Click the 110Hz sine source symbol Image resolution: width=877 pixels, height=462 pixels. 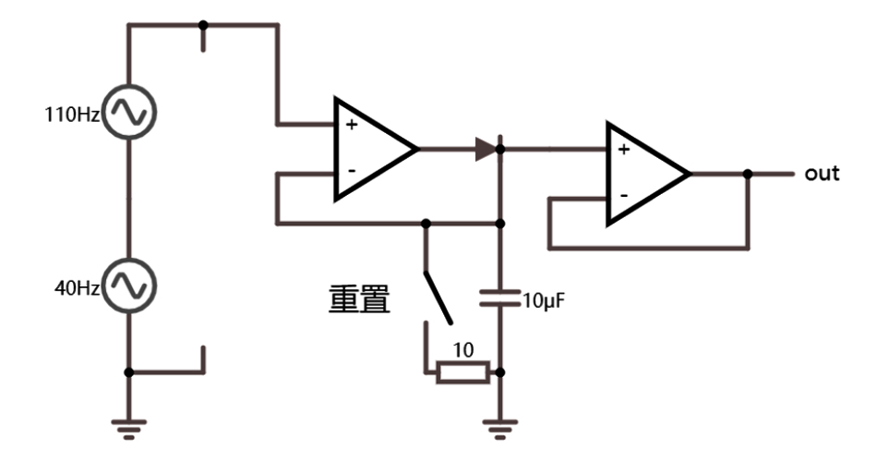(128, 112)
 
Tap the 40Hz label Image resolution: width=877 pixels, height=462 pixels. (77, 288)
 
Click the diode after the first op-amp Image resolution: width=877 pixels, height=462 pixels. (487, 149)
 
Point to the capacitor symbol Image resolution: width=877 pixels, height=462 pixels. (499, 298)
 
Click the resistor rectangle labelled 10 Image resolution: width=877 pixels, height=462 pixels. (461, 372)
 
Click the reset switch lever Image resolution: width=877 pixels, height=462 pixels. (438, 298)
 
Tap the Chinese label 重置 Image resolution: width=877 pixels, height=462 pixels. (360, 300)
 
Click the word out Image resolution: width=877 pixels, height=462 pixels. (822, 174)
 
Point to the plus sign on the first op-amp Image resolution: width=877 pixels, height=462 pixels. (352, 124)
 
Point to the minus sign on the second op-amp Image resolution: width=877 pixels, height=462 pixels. (624, 196)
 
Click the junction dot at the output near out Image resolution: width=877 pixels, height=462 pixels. (747, 174)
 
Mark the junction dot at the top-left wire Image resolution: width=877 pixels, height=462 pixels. (203, 25)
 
